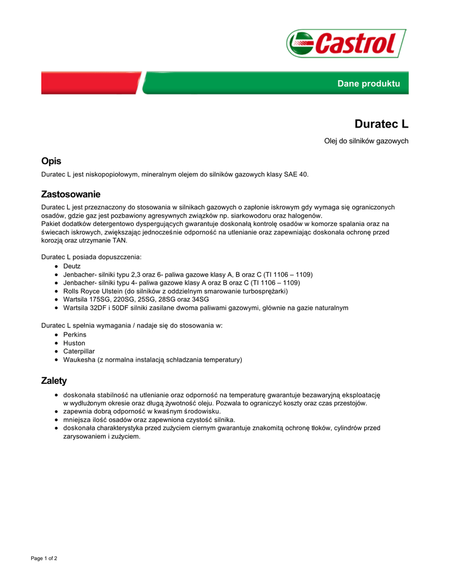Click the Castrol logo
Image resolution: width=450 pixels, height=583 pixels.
(x=346, y=43)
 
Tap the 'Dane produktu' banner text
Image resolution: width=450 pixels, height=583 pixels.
(x=369, y=84)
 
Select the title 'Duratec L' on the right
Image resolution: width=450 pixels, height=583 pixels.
(x=381, y=124)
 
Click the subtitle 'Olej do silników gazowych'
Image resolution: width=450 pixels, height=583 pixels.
(x=366, y=141)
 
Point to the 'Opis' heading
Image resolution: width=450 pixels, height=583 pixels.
(x=51, y=161)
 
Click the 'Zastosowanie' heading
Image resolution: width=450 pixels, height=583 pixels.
(x=71, y=194)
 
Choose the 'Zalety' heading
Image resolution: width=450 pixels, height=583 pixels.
(x=54, y=380)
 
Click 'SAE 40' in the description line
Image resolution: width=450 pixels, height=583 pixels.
(x=296, y=174)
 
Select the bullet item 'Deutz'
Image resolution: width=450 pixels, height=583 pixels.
(x=72, y=266)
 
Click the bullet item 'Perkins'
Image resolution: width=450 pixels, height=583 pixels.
(x=75, y=335)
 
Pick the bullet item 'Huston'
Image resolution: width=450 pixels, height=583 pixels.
(x=74, y=343)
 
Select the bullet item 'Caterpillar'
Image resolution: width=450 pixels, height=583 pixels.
(x=79, y=351)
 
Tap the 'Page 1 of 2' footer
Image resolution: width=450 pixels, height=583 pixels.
(x=44, y=559)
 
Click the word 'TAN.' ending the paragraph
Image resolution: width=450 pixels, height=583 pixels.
(x=119, y=240)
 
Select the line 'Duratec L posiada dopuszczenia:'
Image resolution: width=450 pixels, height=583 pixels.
(x=91, y=257)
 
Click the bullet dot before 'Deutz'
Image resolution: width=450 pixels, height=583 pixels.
(x=56, y=266)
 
